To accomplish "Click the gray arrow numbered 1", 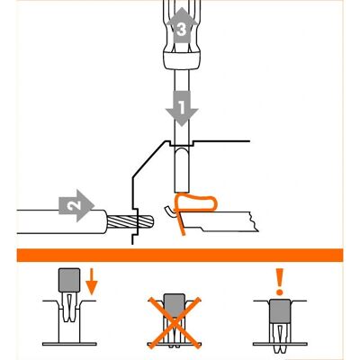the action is click(x=182, y=109).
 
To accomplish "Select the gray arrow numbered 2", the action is click(x=76, y=206).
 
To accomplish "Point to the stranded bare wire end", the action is click(x=130, y=221).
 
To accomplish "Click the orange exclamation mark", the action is click(x=280, y=282).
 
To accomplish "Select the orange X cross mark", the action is click(x=175, y=322).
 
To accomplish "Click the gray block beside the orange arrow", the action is click(x=69, y=280).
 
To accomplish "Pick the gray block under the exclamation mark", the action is click(x=280, y=311).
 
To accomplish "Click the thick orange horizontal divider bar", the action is click(x=180, y=255).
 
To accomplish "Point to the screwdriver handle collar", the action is click(x=181, y=60).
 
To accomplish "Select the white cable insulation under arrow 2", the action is click(x=61, y=221).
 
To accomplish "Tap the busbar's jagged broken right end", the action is click(x=254, y=222).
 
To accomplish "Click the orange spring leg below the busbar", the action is click(x=182, y=223).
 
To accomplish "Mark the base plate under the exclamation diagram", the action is click(x=280, y=344).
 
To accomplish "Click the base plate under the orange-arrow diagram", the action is click(x=69, y=344).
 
